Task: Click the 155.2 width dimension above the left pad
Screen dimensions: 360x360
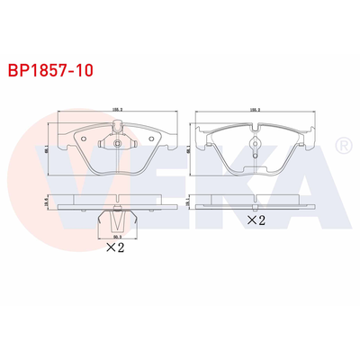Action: [x=117, y=111]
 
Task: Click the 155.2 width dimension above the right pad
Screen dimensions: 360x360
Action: [x=255, y=112]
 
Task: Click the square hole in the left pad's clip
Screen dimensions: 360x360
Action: [x=116, y=144]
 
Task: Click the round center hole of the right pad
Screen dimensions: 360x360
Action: [x=255, y=143]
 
